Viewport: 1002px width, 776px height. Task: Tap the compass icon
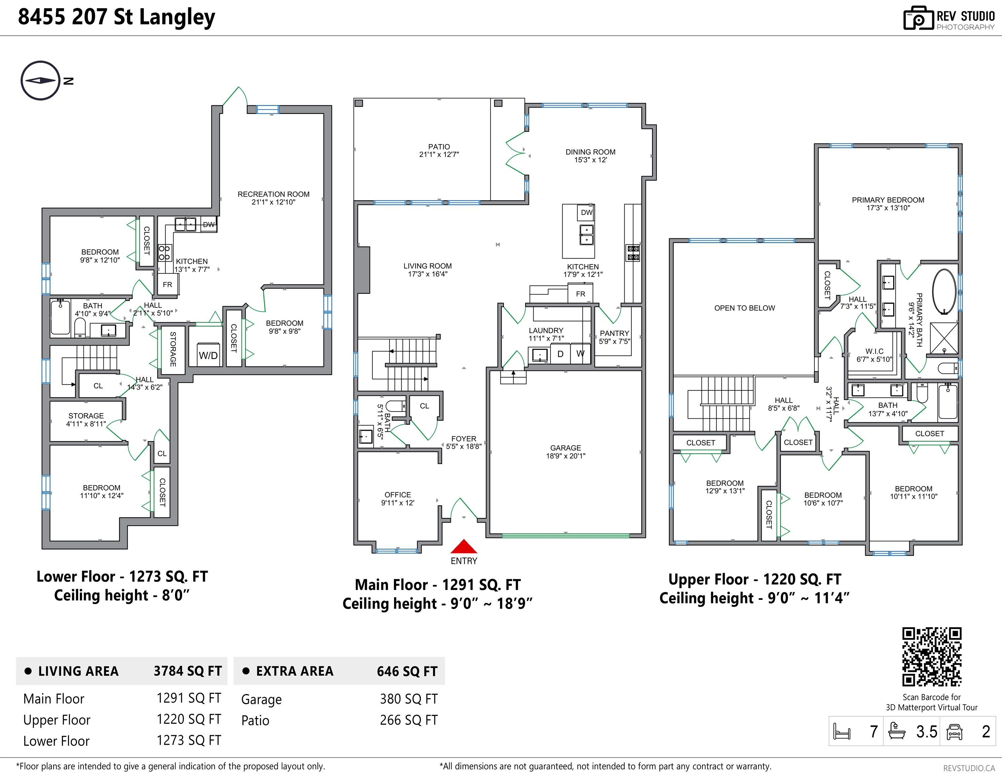click(x=40, y=80)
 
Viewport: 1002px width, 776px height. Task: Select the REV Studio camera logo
click(x=918, y=19)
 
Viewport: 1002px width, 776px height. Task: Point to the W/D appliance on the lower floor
click(x=208, y=354)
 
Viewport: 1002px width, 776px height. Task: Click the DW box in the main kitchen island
click(x=586, y=213)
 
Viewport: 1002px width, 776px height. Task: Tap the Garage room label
click(x=566, y=452)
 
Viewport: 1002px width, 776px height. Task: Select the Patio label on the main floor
click(x=439, y=151)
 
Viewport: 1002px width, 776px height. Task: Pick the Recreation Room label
click(x=273, y=198)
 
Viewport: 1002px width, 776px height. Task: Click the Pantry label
click(x=614, y=337)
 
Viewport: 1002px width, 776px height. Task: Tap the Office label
click(x=398, y=499)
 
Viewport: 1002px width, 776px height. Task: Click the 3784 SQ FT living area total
click(x=188, y=671)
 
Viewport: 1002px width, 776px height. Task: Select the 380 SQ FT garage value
click(x=409, y=699)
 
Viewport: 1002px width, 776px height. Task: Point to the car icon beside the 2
click(x=954, y=732)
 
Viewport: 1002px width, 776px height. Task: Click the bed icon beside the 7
click(x=842, y=732)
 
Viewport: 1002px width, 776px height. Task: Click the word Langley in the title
click(x=177, y=18)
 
